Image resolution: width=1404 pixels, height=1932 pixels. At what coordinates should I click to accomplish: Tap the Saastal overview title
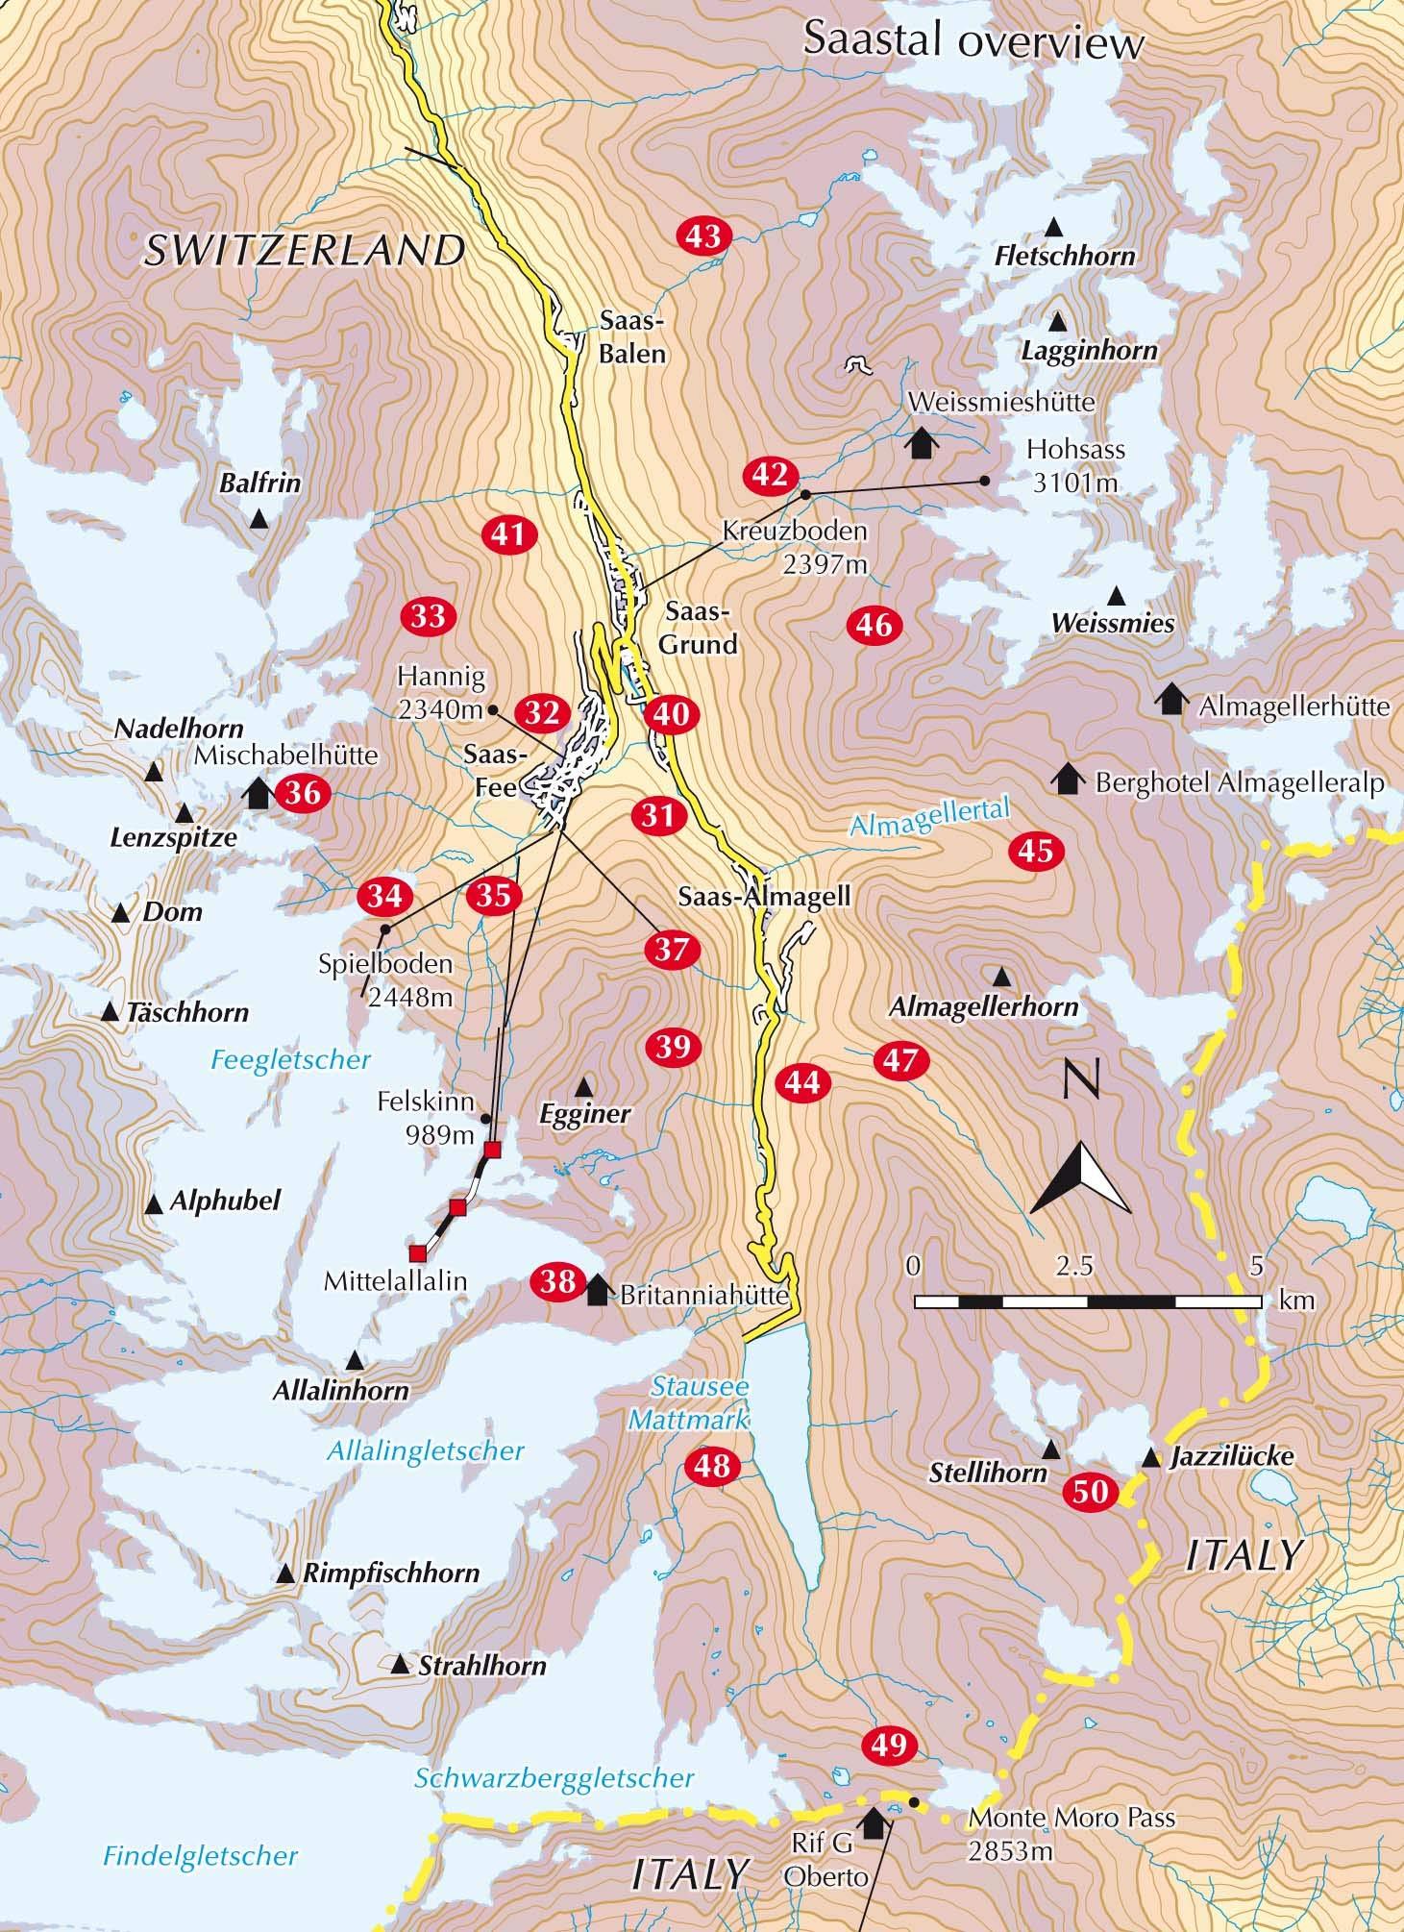click(x=973, y=43)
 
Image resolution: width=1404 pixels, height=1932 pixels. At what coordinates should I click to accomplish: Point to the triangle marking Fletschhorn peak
click(x=1053, y=228)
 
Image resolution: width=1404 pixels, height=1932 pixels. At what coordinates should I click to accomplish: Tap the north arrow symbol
click(x=1080, y=1176)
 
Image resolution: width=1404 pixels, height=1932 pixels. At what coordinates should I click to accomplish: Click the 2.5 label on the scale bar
click(x=1073, y=1266)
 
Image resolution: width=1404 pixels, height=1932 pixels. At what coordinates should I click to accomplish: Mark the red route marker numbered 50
click(x=1091, y=1493)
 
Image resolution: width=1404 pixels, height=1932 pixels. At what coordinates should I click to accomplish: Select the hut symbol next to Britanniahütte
click(x=597, y=1289)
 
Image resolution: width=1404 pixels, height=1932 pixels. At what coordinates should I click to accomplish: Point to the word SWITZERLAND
click(x=305, y=251)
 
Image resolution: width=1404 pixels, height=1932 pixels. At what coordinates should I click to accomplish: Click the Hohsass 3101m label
click(x=1074, y=465)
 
